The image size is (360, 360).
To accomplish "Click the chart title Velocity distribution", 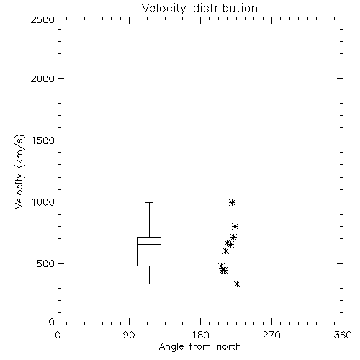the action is coord(199,9).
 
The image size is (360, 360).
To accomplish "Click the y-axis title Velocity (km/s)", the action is coord(19,171).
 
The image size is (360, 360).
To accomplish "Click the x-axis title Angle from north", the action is coord(199,347).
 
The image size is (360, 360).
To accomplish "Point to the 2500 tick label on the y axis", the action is coord(42,19).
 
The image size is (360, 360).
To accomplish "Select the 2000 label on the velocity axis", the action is coord(42,78).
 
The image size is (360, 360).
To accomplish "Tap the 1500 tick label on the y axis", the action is coord(43,140).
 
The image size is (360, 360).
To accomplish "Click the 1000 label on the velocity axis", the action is coord(43,202).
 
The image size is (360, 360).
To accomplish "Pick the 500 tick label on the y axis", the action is coord(46,264).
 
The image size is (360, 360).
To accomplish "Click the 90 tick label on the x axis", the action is coord(129,335).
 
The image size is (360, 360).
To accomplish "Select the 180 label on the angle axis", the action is coord(200,335).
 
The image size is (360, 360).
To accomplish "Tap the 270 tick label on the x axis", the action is coord(271,335).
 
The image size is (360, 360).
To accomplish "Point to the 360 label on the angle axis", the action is coord(343,335).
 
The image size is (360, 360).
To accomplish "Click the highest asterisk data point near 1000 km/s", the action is coord(232,202).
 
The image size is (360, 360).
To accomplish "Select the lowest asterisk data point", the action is coord(237,284).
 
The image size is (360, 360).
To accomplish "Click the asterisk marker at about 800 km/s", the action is coord(235,226).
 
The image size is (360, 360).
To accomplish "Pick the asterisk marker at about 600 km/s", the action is coord(225,251).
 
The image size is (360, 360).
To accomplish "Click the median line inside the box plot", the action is coord(149,244).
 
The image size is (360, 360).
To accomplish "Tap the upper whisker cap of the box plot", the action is coord(149,203).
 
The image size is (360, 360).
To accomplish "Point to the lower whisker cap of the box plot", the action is coord(149,284).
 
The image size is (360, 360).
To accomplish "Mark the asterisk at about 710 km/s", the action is coord(233,238).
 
